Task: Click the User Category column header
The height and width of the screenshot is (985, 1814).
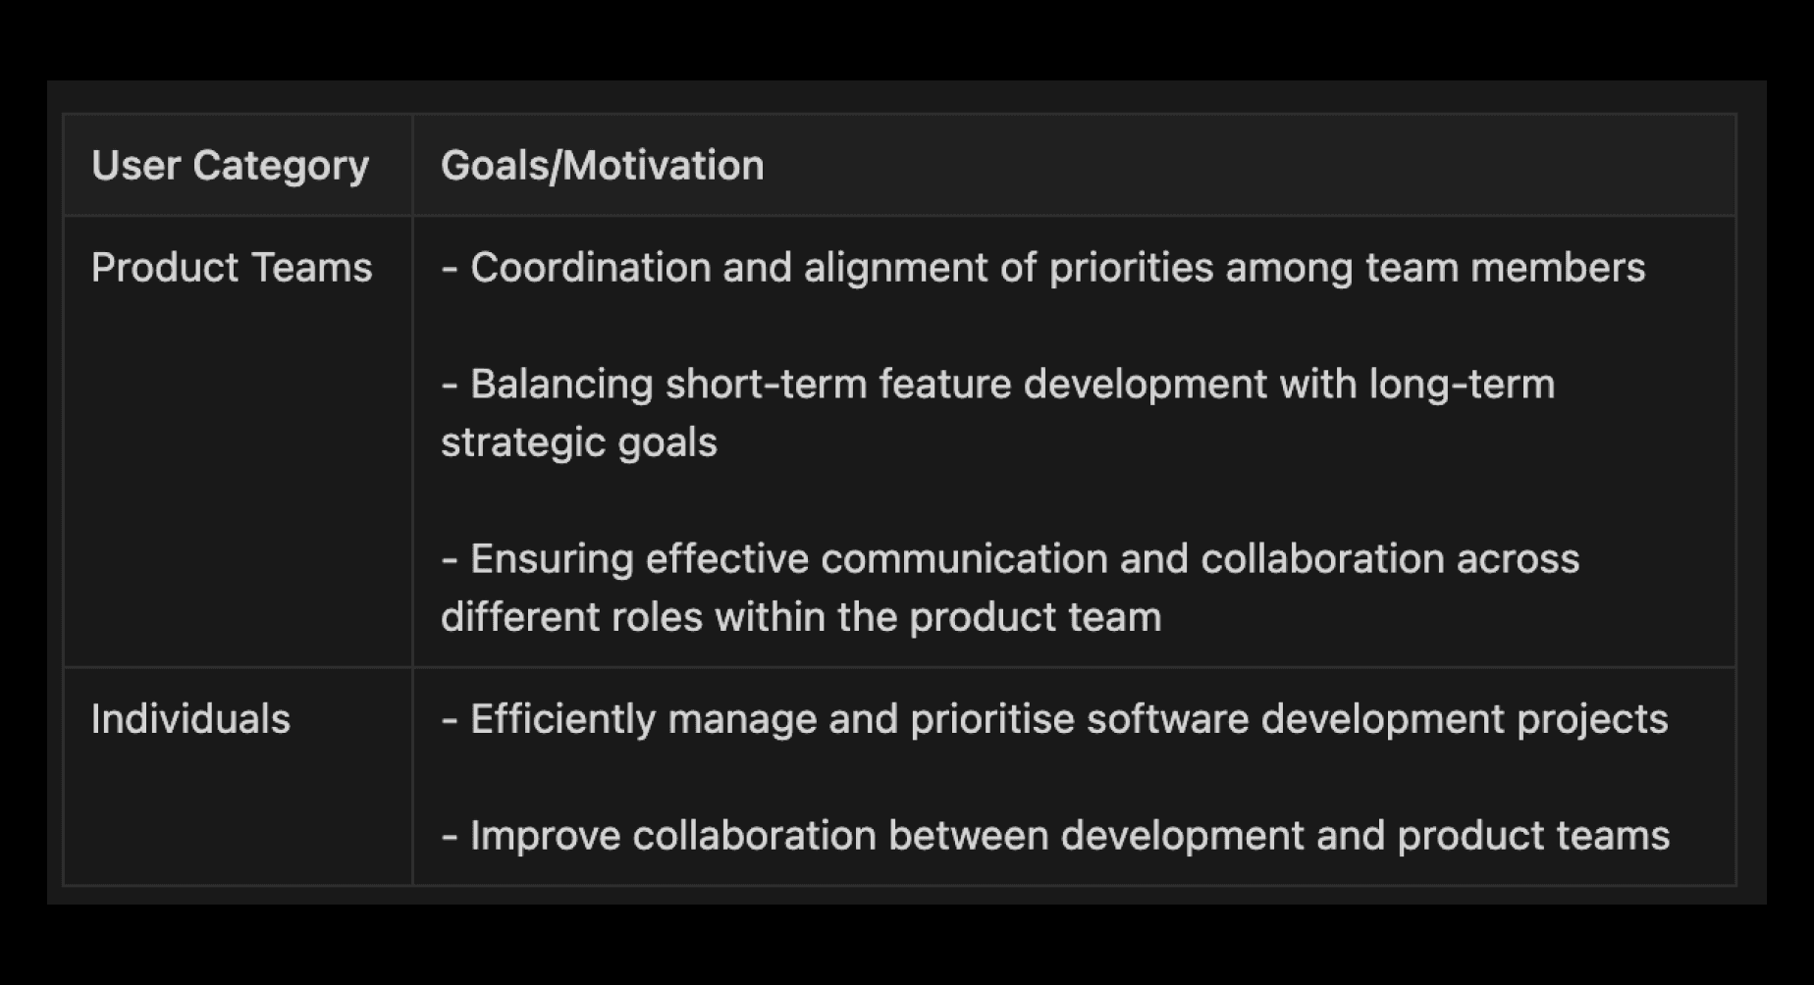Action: (230, 166)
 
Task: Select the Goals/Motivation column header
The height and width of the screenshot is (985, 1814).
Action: (602, 166)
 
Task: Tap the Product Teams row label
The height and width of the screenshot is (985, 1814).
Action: (232, 267)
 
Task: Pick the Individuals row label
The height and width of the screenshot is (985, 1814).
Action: (190, 719)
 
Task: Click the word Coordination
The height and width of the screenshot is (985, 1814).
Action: (591, 267)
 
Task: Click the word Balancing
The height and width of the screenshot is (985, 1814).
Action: (561, 384)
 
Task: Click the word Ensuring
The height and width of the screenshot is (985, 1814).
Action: (552, 559)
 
